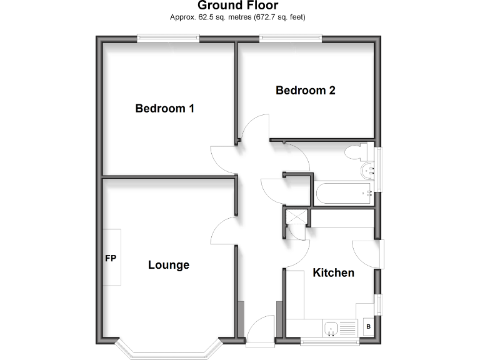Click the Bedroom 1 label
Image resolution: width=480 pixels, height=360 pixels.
[165, 109]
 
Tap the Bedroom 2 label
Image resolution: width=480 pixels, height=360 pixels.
[306, 91]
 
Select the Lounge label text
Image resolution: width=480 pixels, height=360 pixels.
[169, 265]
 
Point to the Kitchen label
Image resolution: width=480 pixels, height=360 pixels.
[333, 272]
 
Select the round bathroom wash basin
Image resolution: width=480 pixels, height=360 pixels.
[366, 171]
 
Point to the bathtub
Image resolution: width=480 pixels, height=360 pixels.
[344, 194]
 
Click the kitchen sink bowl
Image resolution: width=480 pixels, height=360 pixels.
[331, 327]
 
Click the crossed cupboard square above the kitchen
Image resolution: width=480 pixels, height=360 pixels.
[296, 217]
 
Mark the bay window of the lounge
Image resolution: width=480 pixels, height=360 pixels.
[169, 351]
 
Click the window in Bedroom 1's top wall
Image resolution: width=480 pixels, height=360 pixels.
[169, 38]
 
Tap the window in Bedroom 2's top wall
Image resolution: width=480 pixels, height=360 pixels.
[291, 38]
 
